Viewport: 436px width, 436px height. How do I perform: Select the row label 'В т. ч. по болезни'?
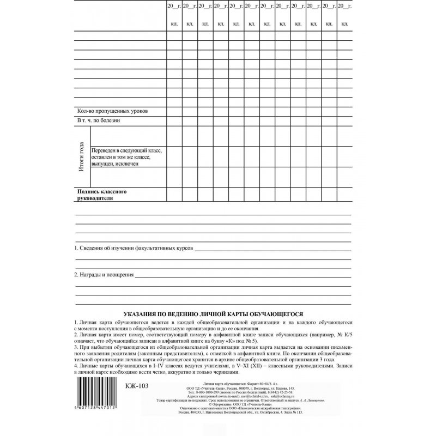click(x=98, y=120)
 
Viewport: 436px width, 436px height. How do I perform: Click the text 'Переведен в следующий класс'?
click(x=127, y=150)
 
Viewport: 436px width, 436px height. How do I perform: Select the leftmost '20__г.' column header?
click(x=174, y=5)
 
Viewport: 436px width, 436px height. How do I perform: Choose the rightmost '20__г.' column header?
click(x=344, y=5)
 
